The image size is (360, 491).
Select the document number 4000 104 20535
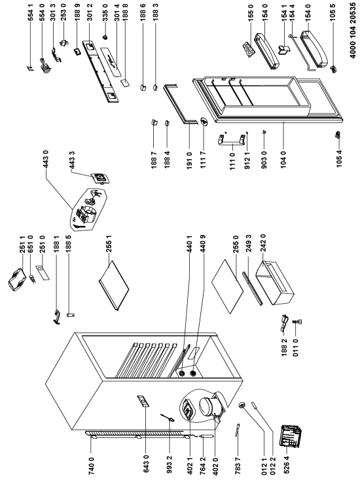click(x=353, y=30)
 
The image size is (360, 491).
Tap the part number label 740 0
click(x=91, y=466)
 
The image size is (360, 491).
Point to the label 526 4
click(x=286, y=465)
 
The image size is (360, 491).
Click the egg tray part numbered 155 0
click(x=249, y=50)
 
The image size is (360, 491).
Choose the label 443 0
click(x=46, y=160)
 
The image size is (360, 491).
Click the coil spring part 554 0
click(x=45, y=65)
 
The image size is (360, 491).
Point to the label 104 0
click(x=283, y=160)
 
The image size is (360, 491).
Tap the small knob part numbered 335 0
click(x=105, y=37)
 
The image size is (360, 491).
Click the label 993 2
click(x=170, y=465)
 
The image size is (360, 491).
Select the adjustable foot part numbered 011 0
click(x=297, y=322)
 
